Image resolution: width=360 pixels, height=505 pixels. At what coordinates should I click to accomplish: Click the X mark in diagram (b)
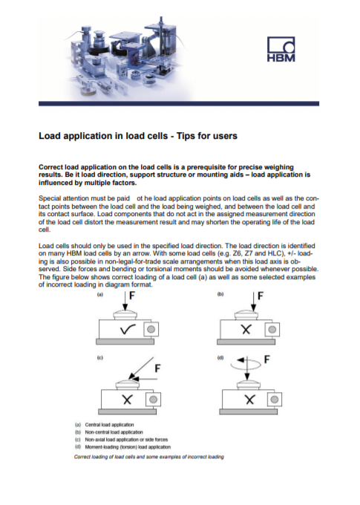point(243,329)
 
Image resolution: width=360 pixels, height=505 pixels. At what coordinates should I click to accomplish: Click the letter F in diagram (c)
point(157,368)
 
